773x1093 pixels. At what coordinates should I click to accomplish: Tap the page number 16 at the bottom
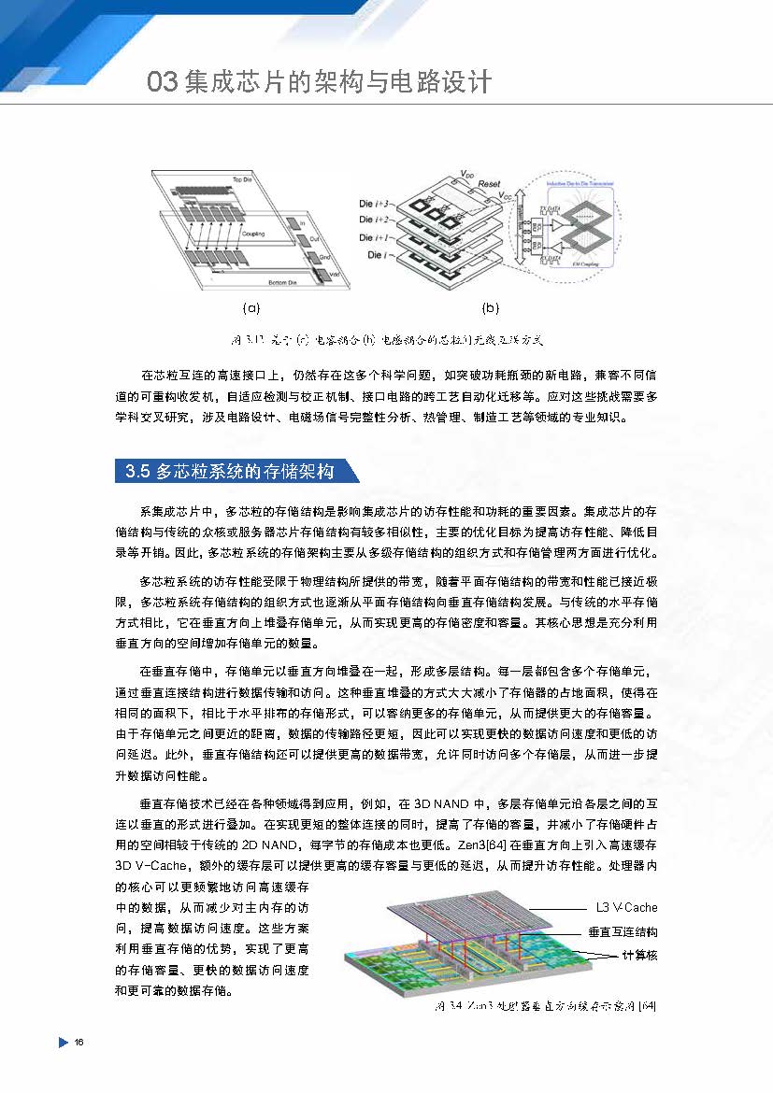click(79, 1042)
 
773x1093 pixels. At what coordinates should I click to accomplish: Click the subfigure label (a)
click(251, 306)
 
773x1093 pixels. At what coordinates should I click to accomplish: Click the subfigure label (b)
click(490, 306)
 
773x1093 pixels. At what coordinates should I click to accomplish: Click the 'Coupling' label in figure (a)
click(252, 234)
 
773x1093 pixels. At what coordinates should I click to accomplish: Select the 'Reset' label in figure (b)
click(491, 184)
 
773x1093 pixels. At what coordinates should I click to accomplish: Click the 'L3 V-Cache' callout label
click(626, 907)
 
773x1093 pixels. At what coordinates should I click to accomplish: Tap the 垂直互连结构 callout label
click(623, 931)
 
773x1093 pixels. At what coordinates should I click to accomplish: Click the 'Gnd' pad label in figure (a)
click(324, 254)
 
